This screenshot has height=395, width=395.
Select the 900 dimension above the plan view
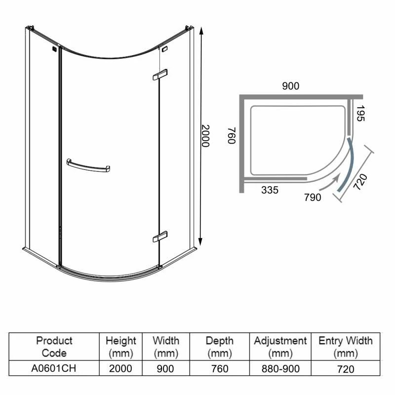pos(290,86)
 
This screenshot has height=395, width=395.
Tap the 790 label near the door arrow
pos(312,198)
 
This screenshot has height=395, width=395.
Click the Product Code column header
pos(54,347)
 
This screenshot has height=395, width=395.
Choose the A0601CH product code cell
pos(54,369)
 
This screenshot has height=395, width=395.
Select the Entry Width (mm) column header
pos(346,347)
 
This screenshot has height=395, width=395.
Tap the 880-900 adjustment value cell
pos(280,369)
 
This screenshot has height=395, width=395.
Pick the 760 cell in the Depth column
pos(220,369)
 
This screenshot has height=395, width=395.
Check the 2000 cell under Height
pos(121,369)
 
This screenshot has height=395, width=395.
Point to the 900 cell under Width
pos(166,369)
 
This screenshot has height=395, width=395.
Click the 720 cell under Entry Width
pos(346,369)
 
